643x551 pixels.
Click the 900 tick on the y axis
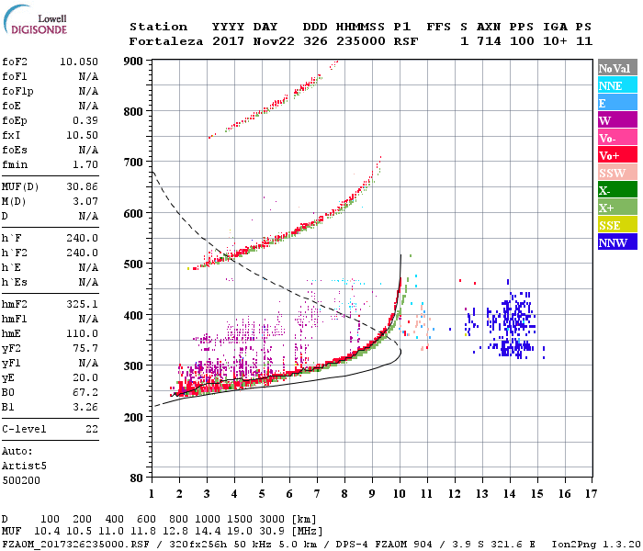(x=134, y=62)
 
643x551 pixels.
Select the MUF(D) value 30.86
(x=83, y=187)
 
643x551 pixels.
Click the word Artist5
(x=24, y=466)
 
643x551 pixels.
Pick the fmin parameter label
(x=16, y=164)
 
